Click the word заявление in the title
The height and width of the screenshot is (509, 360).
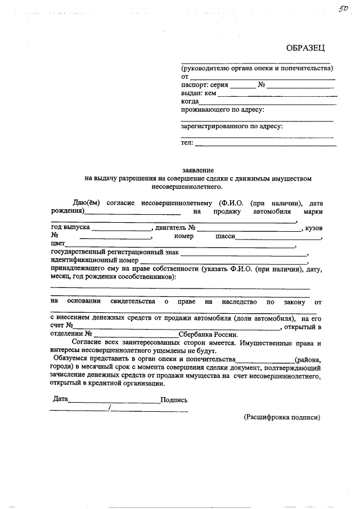coord(197,169)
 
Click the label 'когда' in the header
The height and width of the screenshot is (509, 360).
coord(190,101)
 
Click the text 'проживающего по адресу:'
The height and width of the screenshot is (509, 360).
coord(222,110)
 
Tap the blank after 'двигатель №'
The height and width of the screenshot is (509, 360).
coord(249,230)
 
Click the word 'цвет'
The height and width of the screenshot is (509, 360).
coord(57,245)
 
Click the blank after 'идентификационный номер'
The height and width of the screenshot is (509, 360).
coord(223,262)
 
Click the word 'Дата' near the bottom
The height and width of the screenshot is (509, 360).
coord(60,400)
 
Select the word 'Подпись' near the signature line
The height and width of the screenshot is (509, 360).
coord(174,400)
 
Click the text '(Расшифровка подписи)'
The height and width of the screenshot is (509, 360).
coord(282,418)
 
